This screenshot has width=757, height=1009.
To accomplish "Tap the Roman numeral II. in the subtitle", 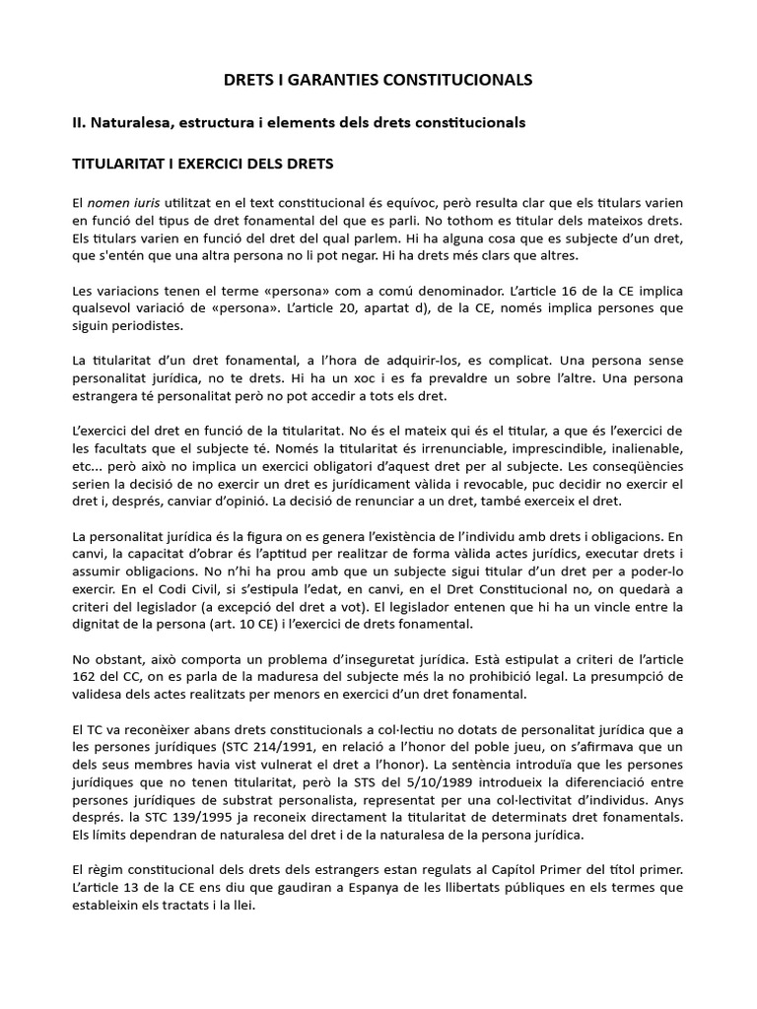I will click(x=83, y=122).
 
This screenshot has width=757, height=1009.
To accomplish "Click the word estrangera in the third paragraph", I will click(x=111, y=397).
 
